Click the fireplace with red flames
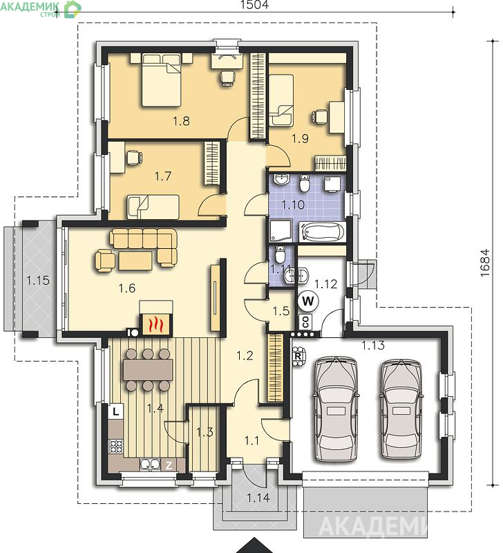coord(156,324)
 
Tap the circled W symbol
coord(307,301)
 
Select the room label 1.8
coord(181,122)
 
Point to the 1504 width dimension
coord(254,5)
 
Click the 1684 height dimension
coord(485,263)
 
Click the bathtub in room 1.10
coord(322,232)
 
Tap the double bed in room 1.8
coord(162,80)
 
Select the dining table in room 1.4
coord(148,370)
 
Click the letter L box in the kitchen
coord(116,411)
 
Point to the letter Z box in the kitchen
coord(169,465)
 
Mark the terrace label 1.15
coord(38,281)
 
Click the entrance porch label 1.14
coord(258,498)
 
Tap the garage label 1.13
coord(373,346)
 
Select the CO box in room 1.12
coord(305,321)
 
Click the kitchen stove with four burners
coord(116,446)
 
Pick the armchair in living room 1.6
coord(105,261)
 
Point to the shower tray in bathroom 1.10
coord(281,231)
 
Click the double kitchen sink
coord(150,465)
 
